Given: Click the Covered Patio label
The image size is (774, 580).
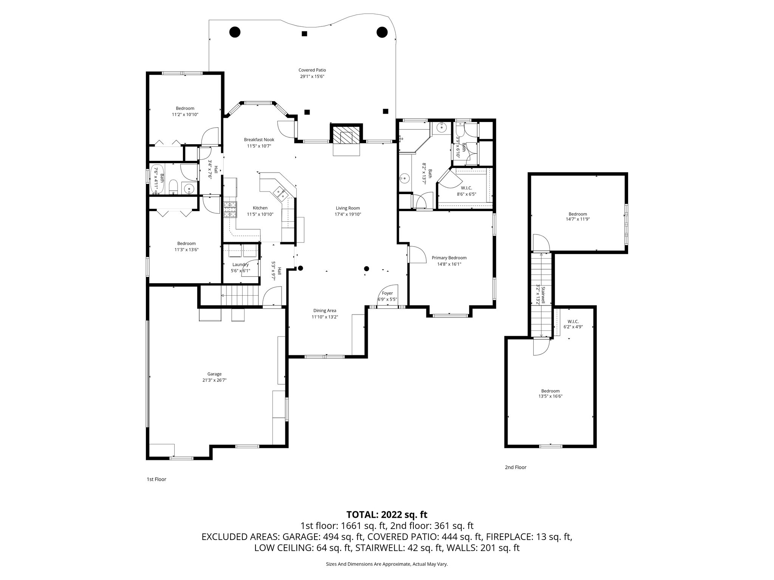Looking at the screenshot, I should [312, 70].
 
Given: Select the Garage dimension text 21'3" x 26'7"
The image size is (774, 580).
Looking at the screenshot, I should [214, 380].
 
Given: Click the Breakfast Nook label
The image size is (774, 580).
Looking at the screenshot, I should [259, 140].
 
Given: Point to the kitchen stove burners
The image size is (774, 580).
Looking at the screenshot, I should [229, 210].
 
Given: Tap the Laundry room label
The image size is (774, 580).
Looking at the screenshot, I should [240, 265].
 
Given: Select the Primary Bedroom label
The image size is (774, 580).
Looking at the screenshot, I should [449, 258].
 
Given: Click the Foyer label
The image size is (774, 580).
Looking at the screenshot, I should [387, 293].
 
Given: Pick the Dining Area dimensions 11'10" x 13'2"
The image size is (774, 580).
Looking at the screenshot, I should [325, 317].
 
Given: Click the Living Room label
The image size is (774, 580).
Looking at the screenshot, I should [348, 208].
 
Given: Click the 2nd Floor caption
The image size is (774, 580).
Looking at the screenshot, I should [515, 467].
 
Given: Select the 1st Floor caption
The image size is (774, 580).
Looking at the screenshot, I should [156, 479].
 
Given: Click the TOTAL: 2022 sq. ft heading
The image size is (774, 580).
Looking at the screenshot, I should [387, 514].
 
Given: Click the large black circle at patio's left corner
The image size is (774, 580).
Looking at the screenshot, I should [235, 32].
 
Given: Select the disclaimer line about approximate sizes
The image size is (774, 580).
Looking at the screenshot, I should [387, 564].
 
